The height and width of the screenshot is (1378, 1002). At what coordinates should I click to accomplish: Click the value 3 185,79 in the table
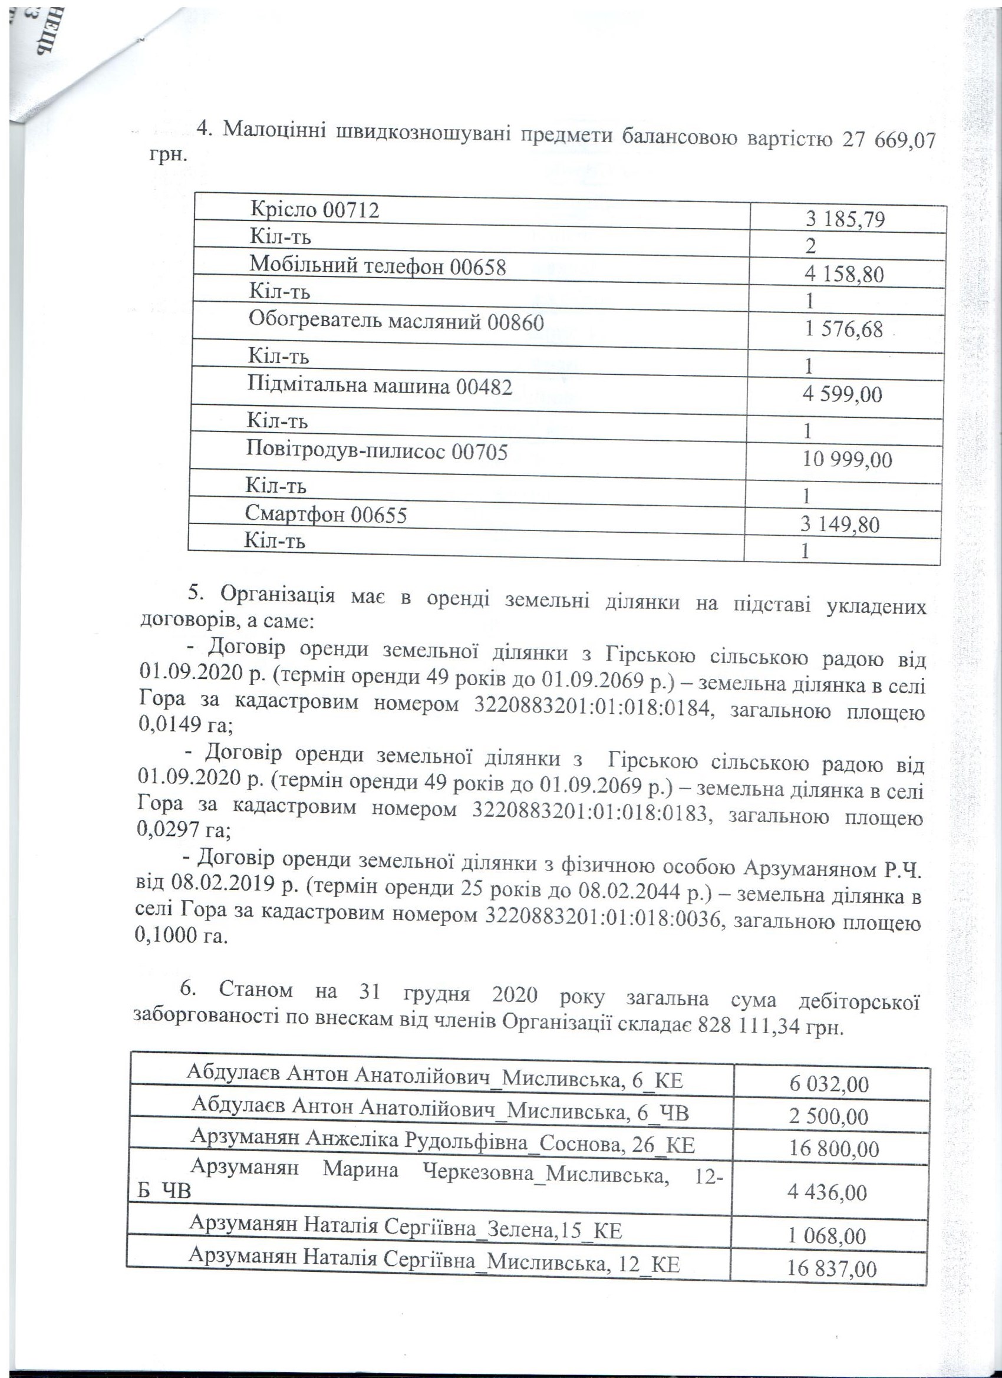[x=845, y=219]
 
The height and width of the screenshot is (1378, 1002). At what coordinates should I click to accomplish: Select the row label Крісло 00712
[x=315, y=210]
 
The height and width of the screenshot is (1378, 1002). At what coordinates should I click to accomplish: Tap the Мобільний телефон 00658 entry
[x=377, y=266]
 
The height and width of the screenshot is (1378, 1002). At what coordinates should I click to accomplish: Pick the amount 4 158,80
[x=844, y=275]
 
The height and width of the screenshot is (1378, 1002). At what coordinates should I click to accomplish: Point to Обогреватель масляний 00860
[x=395, y=322]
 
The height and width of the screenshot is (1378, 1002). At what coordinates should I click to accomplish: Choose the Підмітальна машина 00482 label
[x=380, y=387]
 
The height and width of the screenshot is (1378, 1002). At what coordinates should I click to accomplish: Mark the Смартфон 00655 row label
[x=326, y=515]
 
